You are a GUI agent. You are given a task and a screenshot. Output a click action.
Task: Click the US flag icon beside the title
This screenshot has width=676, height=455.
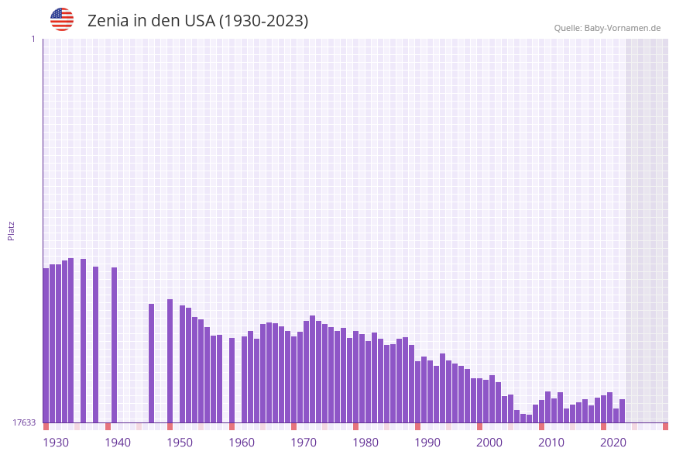coord(62,19)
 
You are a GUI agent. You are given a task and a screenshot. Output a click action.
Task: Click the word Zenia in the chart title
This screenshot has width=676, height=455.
coord(108,21)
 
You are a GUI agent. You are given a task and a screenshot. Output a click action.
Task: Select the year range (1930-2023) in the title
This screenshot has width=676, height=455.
coord(263,21)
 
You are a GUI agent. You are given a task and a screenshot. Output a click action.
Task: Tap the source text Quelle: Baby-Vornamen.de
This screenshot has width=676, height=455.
coord(607,28)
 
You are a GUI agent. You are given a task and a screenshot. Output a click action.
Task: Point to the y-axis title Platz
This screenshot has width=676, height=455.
coord(12,230)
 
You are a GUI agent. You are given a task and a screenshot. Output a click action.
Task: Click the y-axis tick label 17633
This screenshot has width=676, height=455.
coord(23,422)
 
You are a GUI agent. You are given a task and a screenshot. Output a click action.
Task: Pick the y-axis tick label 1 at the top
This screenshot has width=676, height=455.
coord(33,39)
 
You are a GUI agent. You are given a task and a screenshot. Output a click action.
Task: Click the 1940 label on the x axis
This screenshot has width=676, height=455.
coord(118,443)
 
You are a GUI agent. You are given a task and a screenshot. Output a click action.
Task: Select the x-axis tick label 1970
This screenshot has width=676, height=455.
coord(304,443)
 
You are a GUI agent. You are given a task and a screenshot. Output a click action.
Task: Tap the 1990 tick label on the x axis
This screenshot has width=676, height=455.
coord(427,443)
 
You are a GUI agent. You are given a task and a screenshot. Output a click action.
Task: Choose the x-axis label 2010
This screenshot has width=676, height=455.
coord(551,443)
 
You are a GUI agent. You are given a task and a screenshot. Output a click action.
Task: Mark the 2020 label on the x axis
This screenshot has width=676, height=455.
coord(613,443)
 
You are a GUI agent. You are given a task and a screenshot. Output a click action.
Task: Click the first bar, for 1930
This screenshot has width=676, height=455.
coord(46,345)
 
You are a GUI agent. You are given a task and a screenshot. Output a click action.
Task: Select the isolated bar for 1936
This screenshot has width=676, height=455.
coord(83,340)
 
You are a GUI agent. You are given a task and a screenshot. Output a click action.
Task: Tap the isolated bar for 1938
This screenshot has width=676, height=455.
coord(95,344)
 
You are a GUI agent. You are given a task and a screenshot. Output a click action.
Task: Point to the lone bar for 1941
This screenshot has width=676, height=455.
coord(114,345)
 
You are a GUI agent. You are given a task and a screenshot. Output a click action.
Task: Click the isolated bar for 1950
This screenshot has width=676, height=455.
coord(170,360)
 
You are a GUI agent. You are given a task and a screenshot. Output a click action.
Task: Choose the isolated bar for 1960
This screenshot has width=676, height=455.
coord(232,380)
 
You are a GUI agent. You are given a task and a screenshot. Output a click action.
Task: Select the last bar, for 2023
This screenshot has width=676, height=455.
coord(622,411)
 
